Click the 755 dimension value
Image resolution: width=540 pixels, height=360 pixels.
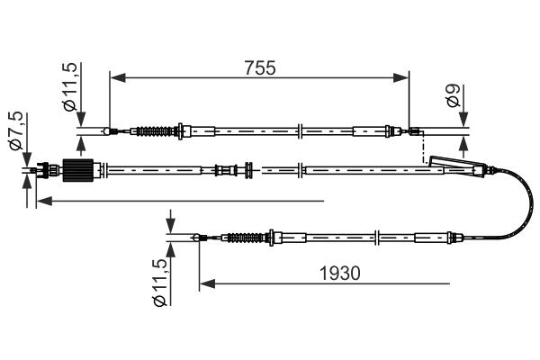click(260, 67)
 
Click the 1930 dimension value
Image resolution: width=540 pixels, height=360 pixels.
click(340, 274)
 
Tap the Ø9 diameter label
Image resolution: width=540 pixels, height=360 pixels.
click(453, 95)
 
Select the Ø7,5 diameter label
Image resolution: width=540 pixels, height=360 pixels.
click(16, 130)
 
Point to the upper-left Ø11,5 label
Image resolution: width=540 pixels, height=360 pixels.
click(70, 87)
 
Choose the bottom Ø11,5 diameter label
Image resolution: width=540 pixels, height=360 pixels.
click(160, 283)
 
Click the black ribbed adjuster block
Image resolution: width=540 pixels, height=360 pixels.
click(78, 170)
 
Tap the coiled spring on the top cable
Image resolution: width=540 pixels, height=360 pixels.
click(154, 131)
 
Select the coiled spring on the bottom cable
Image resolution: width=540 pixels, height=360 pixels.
click(245, 238)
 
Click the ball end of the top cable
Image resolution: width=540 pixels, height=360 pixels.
click(107, 131)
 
